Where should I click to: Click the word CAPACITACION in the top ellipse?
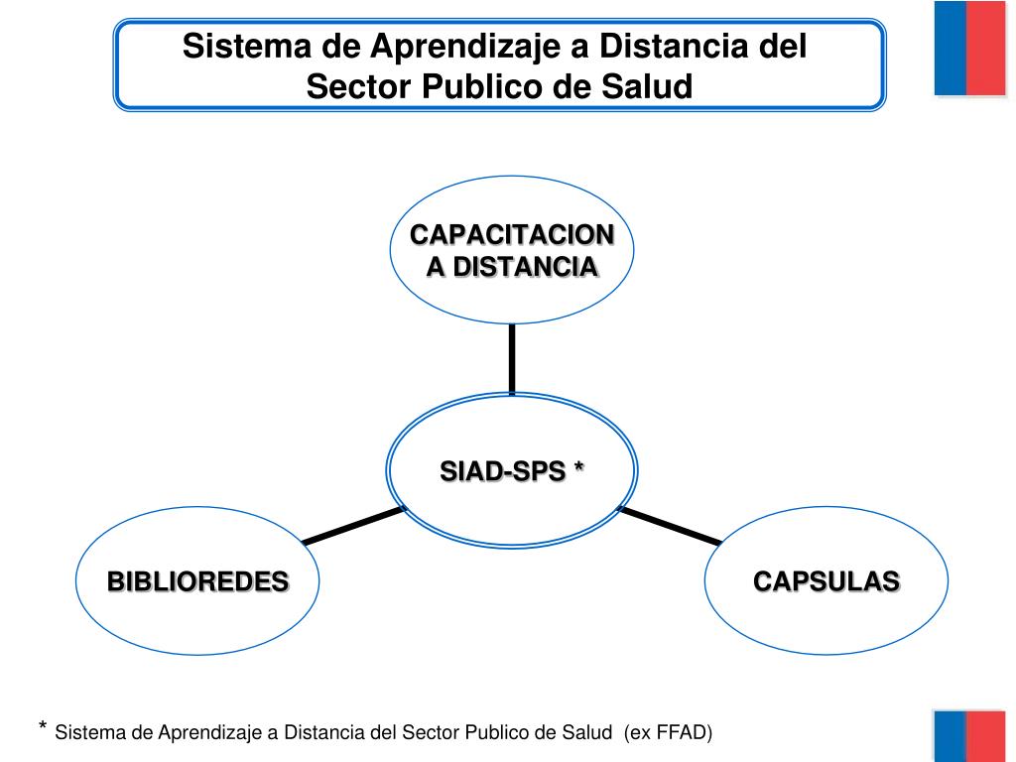point(512,235)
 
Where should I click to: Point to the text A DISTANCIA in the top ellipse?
point(512,267)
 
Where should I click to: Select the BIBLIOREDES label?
point(197,581)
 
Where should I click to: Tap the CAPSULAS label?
point(825,581)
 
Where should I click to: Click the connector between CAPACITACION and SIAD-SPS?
point(512,359)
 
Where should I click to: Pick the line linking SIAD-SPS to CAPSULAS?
point(670,526)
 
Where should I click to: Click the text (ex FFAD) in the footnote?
point(668,733)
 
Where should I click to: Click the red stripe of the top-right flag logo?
point(986,48)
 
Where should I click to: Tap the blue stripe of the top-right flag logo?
point(951,48)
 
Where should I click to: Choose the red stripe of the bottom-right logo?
point(986,736)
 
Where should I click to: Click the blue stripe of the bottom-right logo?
point(951,736)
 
